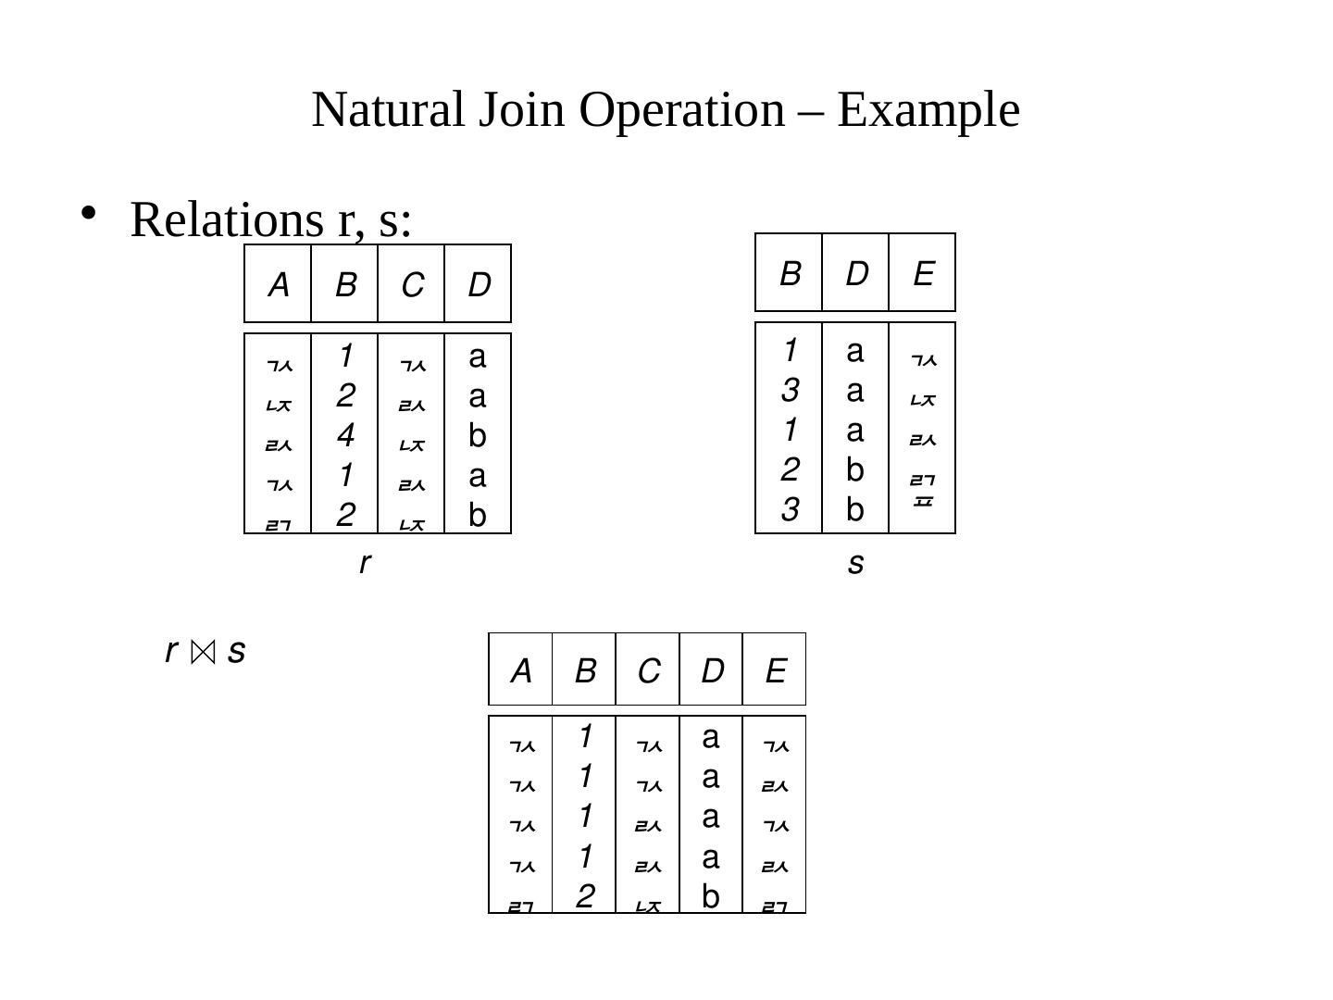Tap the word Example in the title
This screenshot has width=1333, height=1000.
point(928,109)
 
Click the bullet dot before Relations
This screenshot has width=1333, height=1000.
point(88,212)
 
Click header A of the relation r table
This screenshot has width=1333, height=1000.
point(278,285)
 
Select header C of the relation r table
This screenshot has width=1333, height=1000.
point(412,285)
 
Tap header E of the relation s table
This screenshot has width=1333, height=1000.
point(922,274)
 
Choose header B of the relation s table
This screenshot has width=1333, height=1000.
point(790,274)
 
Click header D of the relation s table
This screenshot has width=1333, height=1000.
point(856,274)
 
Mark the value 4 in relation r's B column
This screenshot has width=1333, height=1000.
point(344,435)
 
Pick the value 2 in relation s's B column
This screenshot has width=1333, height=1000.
point(789,470)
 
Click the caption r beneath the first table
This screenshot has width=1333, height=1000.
point(365,562)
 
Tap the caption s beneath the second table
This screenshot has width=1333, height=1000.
point(855,562)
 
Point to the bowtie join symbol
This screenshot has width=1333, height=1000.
point(203,653)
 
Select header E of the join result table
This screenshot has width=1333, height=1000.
point(775,670)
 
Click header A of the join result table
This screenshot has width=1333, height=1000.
point(521,670)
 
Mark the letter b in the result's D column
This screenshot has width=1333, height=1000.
point(710,896)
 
